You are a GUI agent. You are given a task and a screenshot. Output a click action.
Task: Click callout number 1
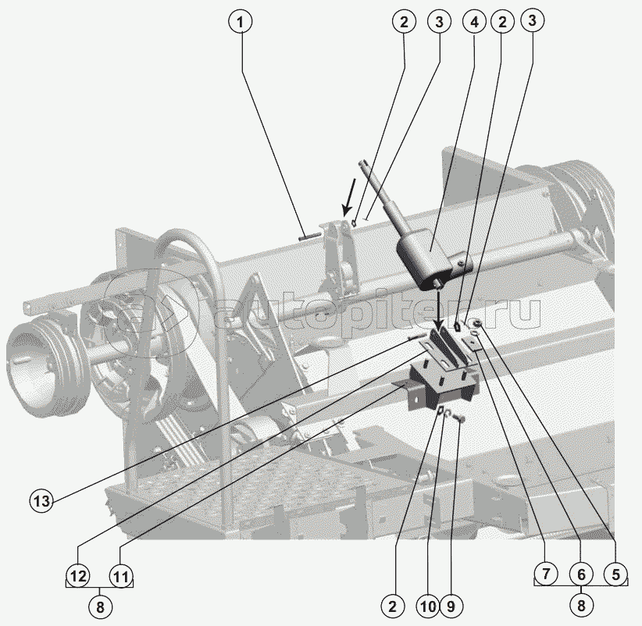(241, 22)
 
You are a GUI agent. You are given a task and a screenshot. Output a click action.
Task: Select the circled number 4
(474, 22)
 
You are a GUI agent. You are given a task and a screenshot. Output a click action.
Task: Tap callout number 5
(616, 574)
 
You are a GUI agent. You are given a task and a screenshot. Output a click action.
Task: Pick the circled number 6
(581, 574)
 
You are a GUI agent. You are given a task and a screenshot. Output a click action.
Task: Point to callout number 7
(546, 574)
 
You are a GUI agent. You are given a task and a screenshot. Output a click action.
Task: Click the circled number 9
(451, 606)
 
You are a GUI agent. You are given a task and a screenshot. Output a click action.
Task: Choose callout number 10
(428, 606)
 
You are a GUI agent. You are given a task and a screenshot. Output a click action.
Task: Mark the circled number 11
(121, 576)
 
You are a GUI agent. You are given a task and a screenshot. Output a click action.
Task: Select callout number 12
(78, 576)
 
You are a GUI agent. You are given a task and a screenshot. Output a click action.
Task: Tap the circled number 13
(41, 501)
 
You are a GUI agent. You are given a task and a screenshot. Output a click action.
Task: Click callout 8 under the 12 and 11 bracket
(100, 607)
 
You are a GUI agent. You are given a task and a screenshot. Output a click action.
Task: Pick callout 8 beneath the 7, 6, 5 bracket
(581, 605)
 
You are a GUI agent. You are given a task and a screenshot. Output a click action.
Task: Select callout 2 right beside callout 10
(393, 606)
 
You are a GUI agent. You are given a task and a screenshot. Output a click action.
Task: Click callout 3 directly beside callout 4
(440, 22)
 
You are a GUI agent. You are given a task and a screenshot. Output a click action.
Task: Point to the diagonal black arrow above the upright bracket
(349, 197)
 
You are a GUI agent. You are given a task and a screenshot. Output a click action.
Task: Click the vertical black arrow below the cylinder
(438, 310)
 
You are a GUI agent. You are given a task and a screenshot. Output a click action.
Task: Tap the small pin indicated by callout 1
(310, 235)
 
